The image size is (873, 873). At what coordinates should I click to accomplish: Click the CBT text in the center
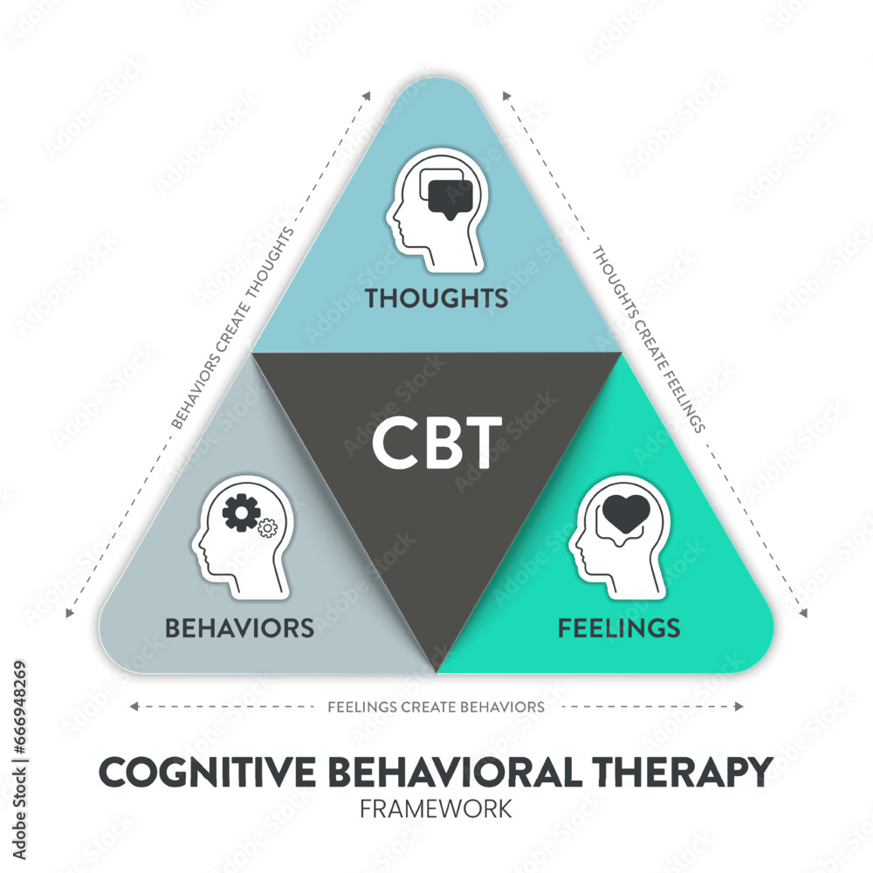(x=436, y=440)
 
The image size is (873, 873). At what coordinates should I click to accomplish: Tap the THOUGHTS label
(x=436, y=298)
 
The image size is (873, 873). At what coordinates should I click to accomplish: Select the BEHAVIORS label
(x=239, y=627)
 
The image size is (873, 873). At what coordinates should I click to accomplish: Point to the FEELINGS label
(x=619, y=627)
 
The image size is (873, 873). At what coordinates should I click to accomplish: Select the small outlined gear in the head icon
(x=267, y=527)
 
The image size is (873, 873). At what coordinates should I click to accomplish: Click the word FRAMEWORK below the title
(x=436, y=808)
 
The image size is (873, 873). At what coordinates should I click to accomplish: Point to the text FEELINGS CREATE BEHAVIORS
(x=436, y=706)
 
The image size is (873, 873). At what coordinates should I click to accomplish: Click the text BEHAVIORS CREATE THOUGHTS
(x=232, y=328)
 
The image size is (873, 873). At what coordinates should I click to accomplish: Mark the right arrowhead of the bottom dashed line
(x=739, y=706)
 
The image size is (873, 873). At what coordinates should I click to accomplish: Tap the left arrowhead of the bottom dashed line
(x=133, y=706)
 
